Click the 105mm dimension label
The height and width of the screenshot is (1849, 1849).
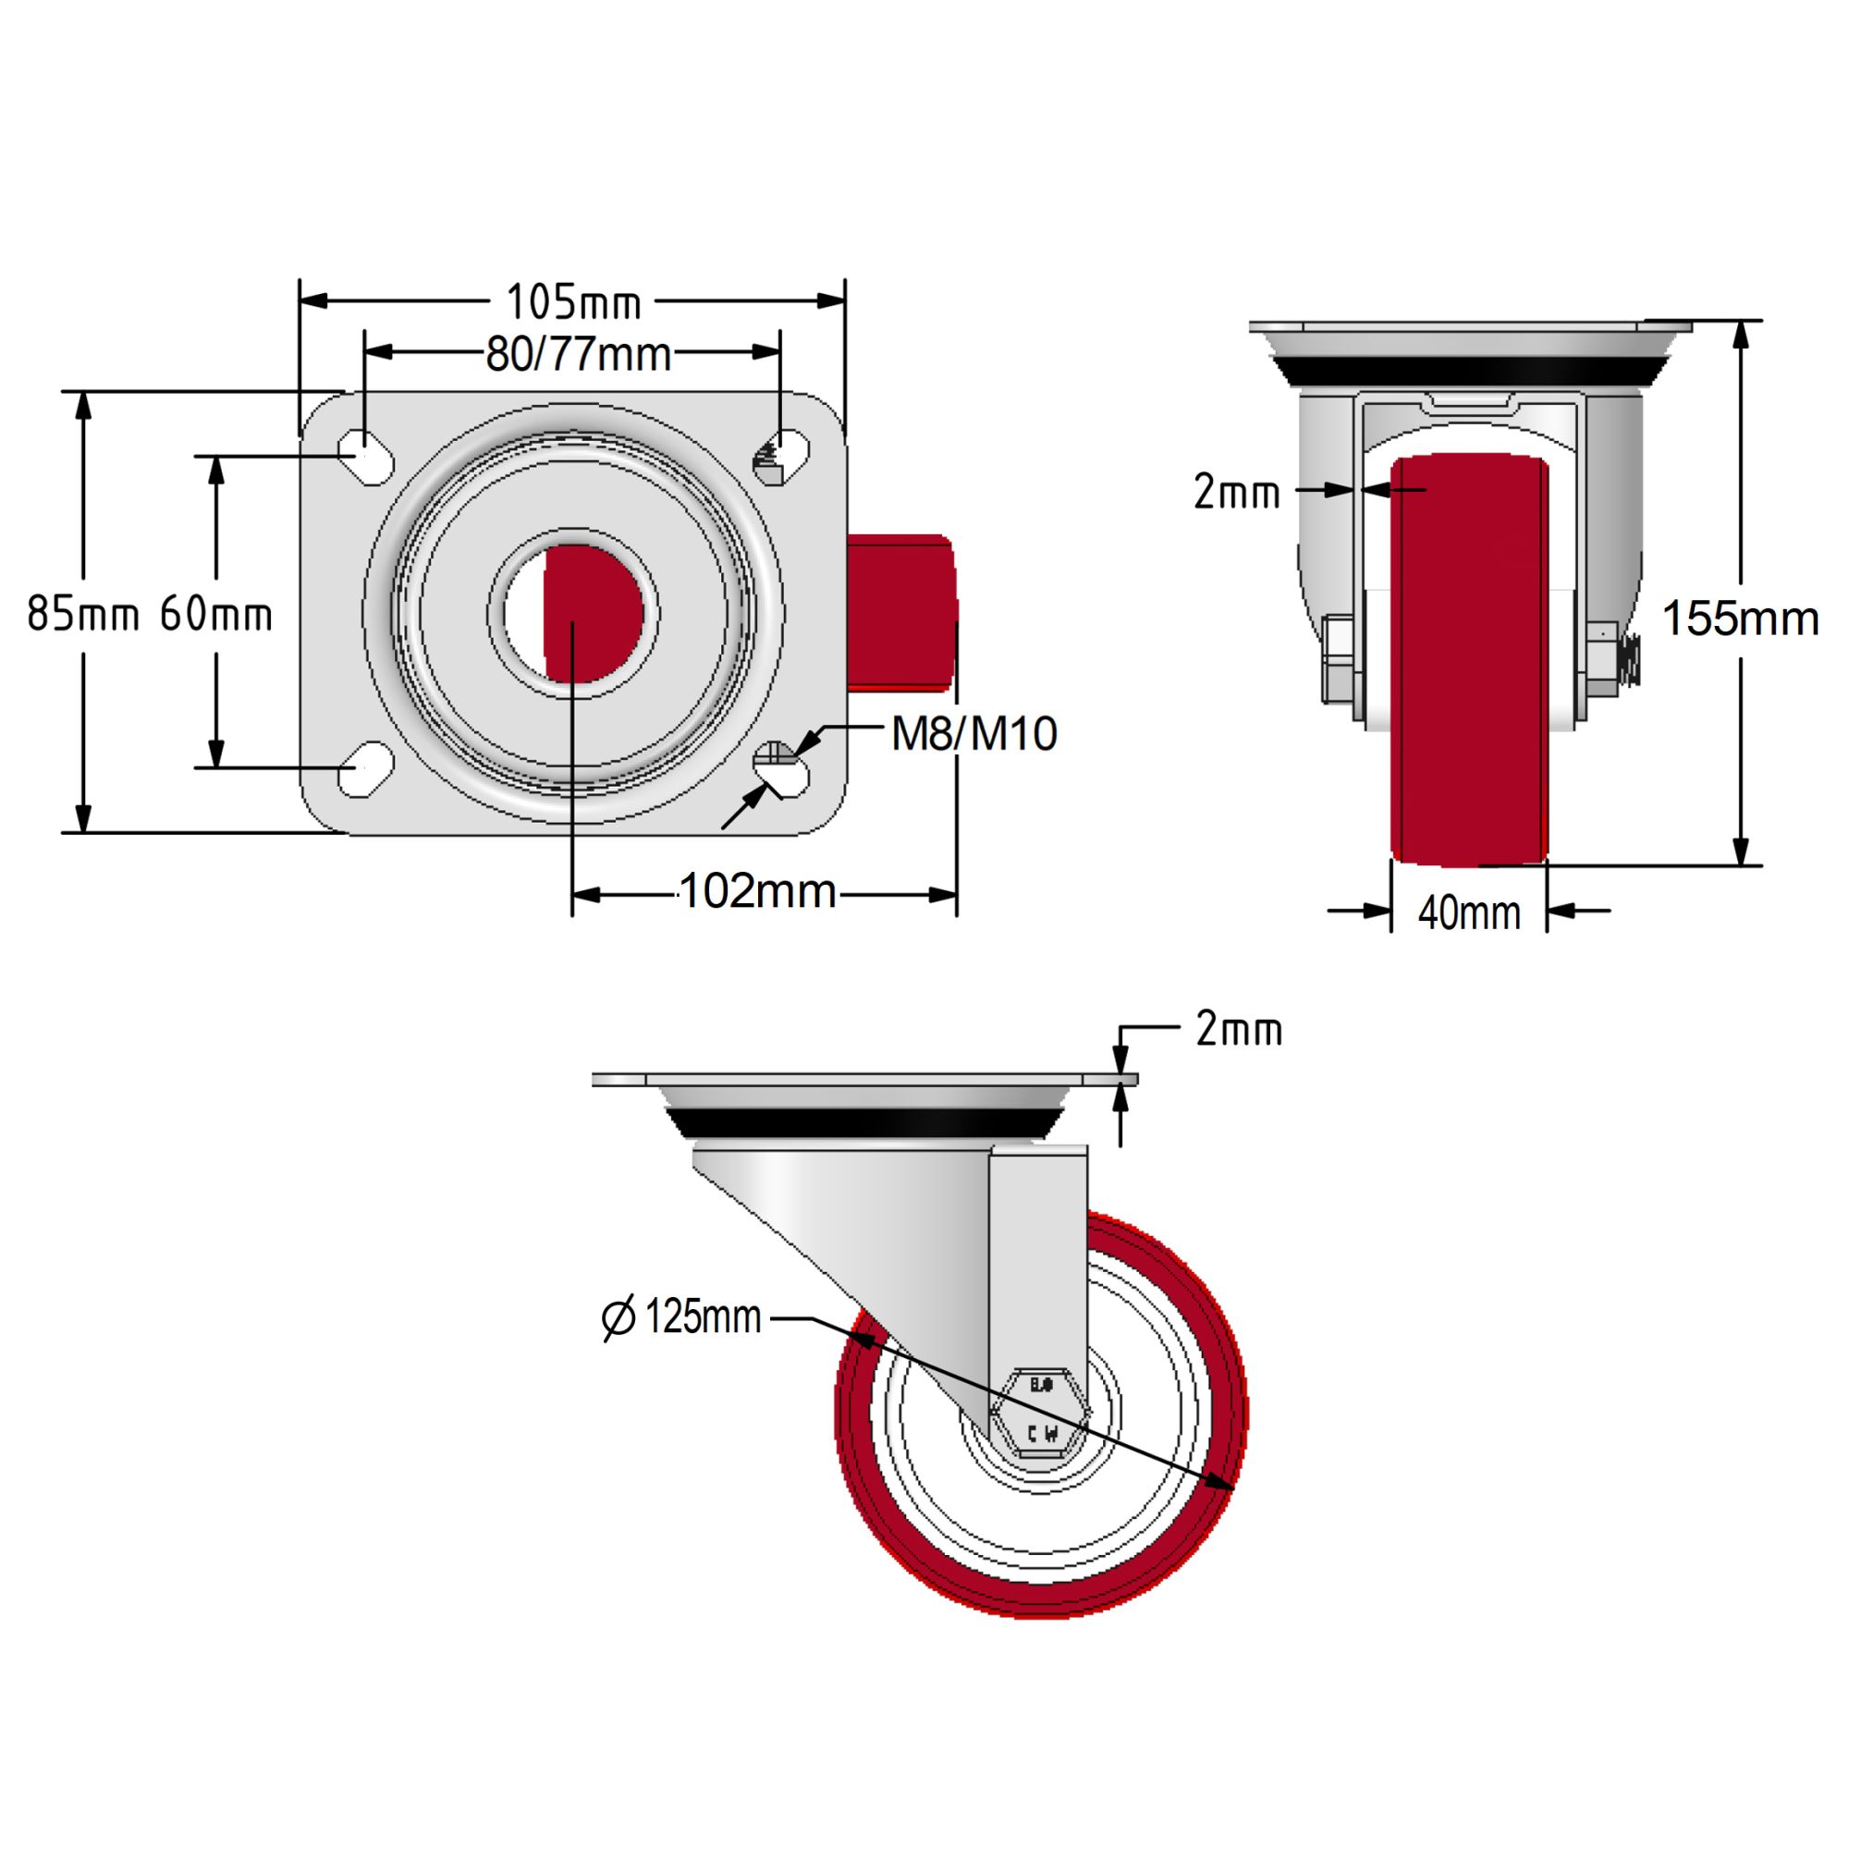(x=572, y=303)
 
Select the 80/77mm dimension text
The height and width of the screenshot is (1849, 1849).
(x=578, y=355)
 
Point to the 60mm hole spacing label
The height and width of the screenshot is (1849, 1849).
(x=216, y=614)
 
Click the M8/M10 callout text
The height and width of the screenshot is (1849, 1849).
(x=973, y=734)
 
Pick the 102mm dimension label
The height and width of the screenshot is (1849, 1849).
(x=757, y=892)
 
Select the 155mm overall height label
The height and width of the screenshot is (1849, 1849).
(x=1739, y=618)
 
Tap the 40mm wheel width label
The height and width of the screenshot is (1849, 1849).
(x=1469, y=913)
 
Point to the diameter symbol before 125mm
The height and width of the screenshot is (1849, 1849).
(x=618, y=1319)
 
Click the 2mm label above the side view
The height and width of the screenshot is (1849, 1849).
(x=1239, y=1031)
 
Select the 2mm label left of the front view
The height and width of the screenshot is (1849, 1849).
(x=1235, y=493)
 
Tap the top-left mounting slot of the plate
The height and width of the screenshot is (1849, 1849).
(x=365, y=457)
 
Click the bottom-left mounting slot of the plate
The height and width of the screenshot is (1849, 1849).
(x=365, y=769)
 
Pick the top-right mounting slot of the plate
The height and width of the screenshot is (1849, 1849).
(x=782, y=457)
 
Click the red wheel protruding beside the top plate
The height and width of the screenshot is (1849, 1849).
(x=901, y=613)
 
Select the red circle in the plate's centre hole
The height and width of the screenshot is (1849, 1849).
(x=594, y=614)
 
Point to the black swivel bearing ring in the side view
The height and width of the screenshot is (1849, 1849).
(x=864, y=1123)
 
